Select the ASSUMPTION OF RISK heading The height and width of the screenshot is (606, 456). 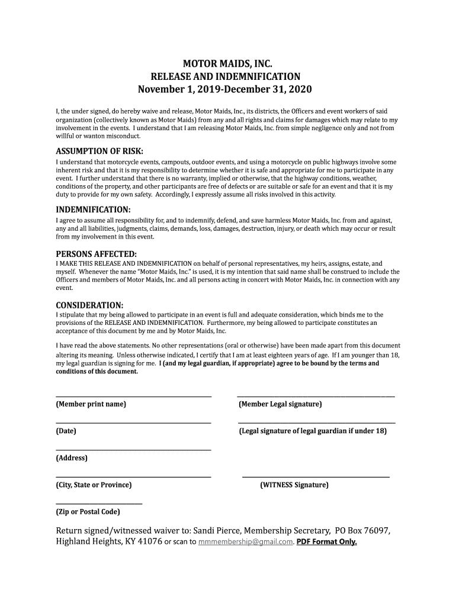pyautogui.click(x=99, y=150)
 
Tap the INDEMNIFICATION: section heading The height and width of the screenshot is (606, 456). pyautogui.click(x=93, y=210)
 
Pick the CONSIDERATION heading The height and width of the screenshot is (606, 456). pyautogui.click(x=89, y=305)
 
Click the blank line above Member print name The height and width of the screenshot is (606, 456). pyautogui.click(x=133, y=395)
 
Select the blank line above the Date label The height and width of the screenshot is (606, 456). pyautogui.click(x=133, y=422)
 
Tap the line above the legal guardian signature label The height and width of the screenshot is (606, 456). pyautogui.click(x=316, y=422)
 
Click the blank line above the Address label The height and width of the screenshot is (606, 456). pyautogui.click(x=133, y=449)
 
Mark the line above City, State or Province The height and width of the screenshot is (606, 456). pyautogui.click(x=133, y=476)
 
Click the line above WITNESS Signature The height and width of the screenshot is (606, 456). pyautogui.click(x=316, y=476)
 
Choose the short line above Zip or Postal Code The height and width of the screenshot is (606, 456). pyautogui.click(x=99, y=503)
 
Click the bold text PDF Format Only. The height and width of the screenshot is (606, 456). pyautogui.click(x=327, y=542)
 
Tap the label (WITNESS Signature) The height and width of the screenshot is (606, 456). pyautogui.click(x=294, y=485)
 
